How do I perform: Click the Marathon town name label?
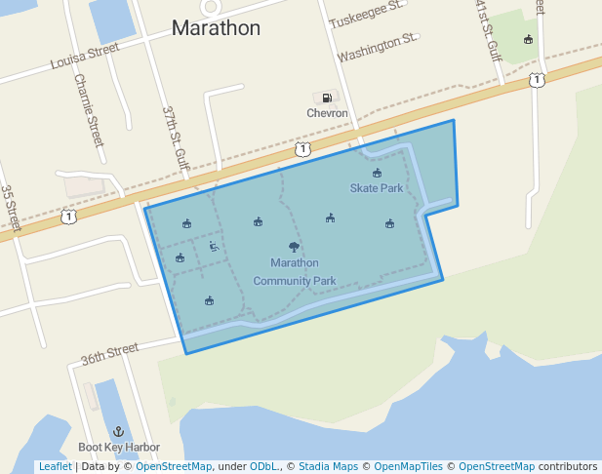click(x=216, y=28)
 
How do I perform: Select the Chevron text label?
click(x=327, y=113)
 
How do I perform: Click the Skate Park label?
click(x=377, y=187)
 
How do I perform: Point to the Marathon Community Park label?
click(x=295, y=272)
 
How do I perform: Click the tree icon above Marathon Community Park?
click(x=295, y=247)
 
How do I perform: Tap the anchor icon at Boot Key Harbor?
click(x=119, y=431)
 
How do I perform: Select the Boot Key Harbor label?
click(x=119, y=448)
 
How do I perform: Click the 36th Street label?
click(x=109, y=353)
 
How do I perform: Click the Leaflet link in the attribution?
click(x=55, y=467)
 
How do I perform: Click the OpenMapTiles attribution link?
click(x=407, y=467)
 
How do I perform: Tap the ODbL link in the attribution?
click(x=263, y=467)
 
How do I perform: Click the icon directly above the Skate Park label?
click(x=378, y=173)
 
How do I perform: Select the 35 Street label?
click(x=11, y=209)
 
